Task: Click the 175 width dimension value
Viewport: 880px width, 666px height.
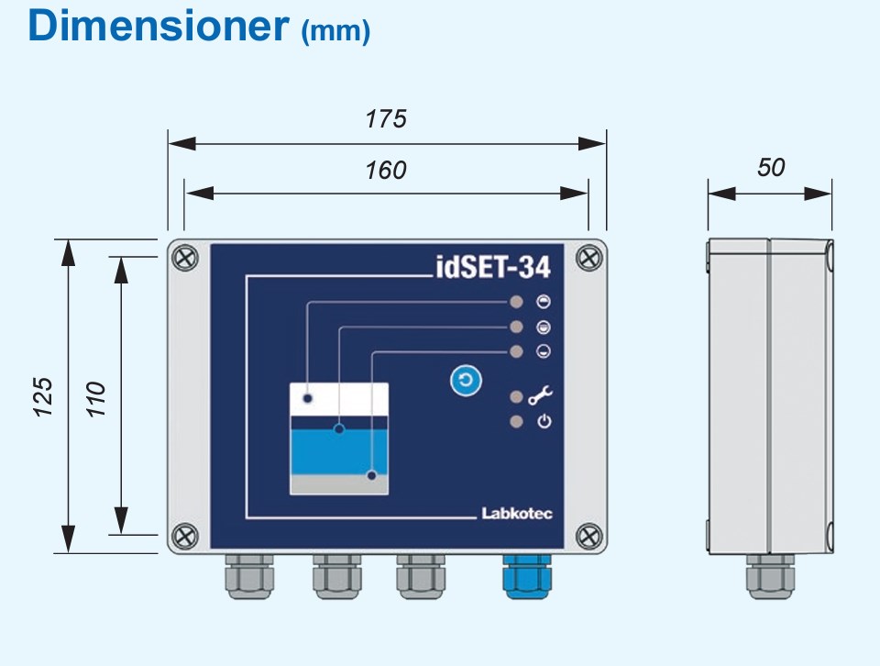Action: [x=386, y=119]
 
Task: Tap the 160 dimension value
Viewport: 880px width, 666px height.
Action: [x=386, y=171]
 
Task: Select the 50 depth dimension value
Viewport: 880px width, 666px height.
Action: [x=771, y=168]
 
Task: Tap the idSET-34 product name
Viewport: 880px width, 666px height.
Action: [x=491, y=267]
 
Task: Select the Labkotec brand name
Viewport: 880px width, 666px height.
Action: [x=517, y=514]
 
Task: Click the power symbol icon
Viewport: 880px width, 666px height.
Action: [x=544, y=422]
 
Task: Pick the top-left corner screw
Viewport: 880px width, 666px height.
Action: [x=185, y=258]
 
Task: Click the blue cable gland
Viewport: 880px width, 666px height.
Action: [x=526, y=576]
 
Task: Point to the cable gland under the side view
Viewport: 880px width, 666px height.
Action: [x=769, y=577]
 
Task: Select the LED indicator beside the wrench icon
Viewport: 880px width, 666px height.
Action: [x=517, y=397]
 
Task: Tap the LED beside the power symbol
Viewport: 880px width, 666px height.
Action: [x=517, y=422]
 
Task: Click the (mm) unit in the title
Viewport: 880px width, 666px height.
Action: [x=335, y=32]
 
